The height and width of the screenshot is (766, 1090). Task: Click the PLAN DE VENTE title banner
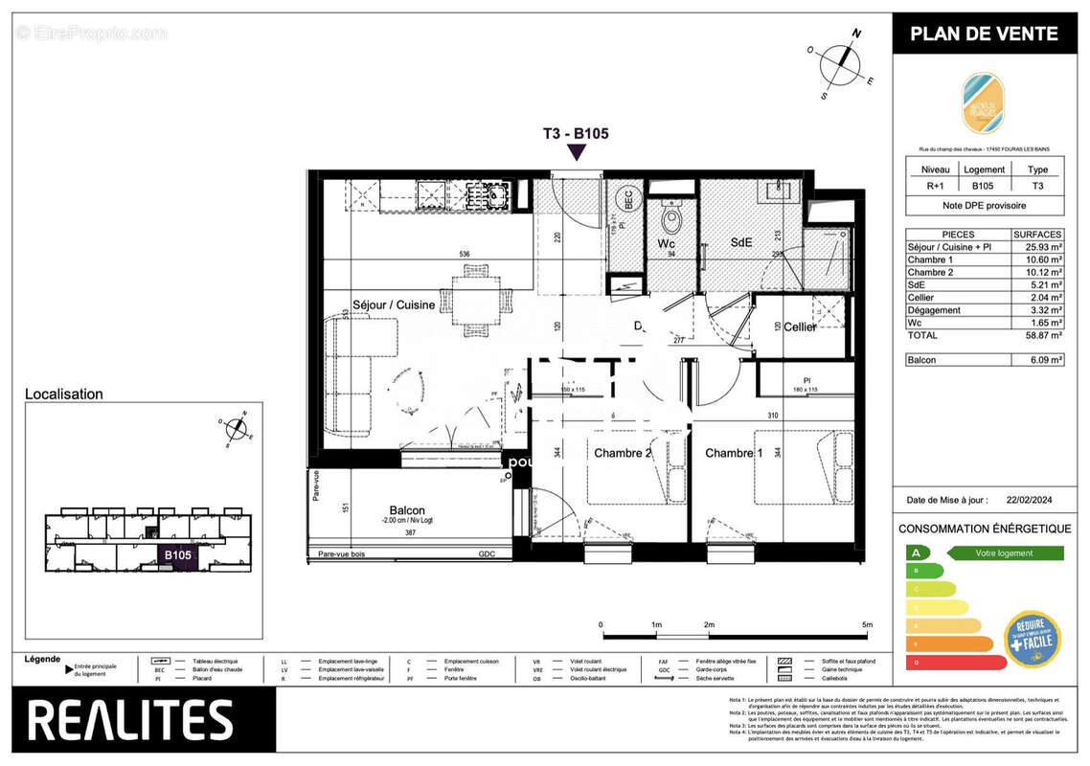click(984, 34)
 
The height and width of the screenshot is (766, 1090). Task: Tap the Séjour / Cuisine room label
click(394, 305)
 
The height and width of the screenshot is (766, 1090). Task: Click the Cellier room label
click(799, 327)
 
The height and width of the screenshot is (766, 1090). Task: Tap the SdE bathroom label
click(740, 243)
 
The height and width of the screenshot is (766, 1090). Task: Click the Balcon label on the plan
click(407, 510)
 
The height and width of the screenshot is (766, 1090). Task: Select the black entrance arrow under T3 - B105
click(577, 152)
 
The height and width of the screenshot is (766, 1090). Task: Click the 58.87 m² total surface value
click(1037, 336)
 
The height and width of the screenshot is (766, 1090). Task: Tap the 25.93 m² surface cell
click(1037, 247)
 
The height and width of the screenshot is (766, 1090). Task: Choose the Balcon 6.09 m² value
click(1037, 360)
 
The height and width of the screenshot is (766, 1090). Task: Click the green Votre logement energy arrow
click(1005, 553)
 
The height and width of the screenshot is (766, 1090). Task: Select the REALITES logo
click(130, 720)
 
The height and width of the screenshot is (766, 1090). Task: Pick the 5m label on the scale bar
click(867, 624)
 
